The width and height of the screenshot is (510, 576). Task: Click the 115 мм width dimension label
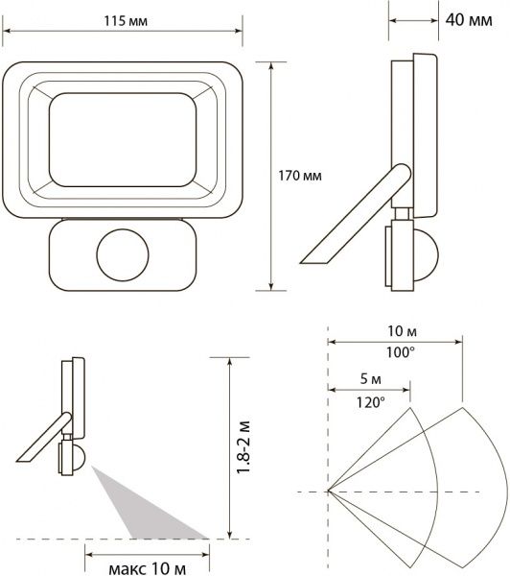pyautogui.click(x=126, y=21)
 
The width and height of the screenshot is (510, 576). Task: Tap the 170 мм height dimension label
pyautogui.click(x=300, y=176)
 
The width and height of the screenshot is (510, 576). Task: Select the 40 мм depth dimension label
pyautogui.click(x=469, y=20)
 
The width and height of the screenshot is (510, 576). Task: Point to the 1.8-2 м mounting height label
pyautogui.click(x=243, y=447)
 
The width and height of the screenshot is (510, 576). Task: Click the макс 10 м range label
pyautogui.click(x=147, y=568)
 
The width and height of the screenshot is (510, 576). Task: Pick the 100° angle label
pyautogui.click(x=401, y=352)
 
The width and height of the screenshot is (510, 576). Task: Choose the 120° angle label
pyautogui.click(x=371, y=402)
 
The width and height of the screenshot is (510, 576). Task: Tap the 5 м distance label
pyautogui.click(x=370, y=379)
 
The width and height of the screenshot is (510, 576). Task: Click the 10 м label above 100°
pyautogui.click(x=402, y=331)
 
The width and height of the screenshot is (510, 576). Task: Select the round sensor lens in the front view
pyautogui.click(x=123, y=255)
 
